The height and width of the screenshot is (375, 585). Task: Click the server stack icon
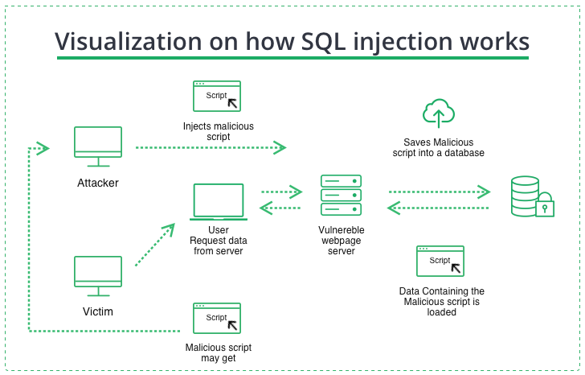point(341,195)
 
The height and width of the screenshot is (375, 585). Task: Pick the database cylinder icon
point(526,197)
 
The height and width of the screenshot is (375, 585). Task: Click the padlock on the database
point(545,206)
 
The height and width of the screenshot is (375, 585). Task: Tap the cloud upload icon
point(438,113)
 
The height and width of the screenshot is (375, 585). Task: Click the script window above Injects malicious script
point(217,96)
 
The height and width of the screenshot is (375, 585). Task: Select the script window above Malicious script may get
point(217,318)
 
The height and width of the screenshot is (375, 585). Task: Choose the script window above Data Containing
point(440,262)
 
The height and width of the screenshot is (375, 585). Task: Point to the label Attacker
point(98,183)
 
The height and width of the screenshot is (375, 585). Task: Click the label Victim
point(98,311)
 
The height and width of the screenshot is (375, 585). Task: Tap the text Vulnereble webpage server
point(342,240)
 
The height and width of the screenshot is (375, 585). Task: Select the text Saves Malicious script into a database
point(438,147)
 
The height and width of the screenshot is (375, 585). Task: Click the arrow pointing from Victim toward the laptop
point(154,245)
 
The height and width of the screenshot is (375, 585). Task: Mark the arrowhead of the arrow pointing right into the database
point(483,192)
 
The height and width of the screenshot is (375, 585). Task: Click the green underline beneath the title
point(292,58)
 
